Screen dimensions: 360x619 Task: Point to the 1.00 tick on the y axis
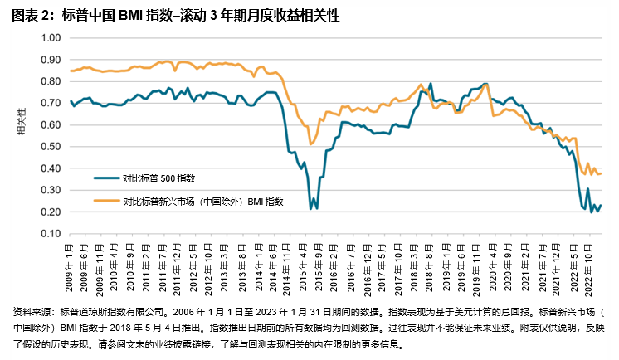coord(51,38)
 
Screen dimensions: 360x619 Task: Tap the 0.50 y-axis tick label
coord(51,147)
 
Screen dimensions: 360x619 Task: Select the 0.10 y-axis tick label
coord(51,234)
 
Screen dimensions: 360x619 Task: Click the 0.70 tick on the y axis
coord(51,104)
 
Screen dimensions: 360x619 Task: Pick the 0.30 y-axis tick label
coord(51,191)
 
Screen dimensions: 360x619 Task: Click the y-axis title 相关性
coord(21,120)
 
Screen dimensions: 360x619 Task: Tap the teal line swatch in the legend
coord(105,178)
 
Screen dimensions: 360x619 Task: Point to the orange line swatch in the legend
coord(105,200)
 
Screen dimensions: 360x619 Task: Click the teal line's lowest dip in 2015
coord(311,208)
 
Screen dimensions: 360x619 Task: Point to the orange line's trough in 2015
coord(311,144)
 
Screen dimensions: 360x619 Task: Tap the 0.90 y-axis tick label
coord(51,60)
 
